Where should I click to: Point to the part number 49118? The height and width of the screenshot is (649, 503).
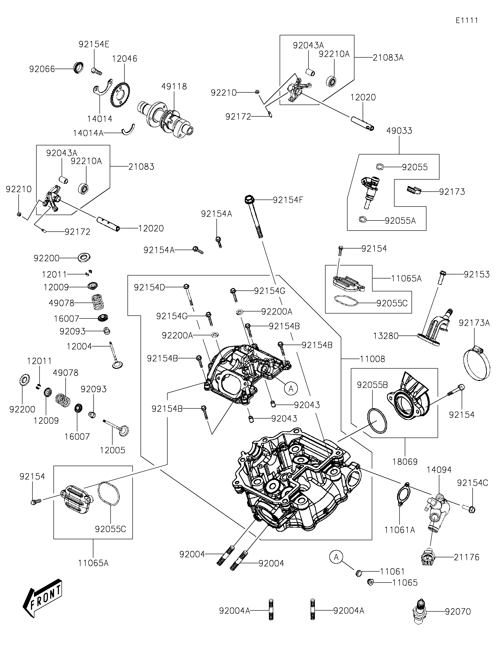[x=174, y=87]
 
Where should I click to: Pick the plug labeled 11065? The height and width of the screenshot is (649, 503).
[x=370, y=582]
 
